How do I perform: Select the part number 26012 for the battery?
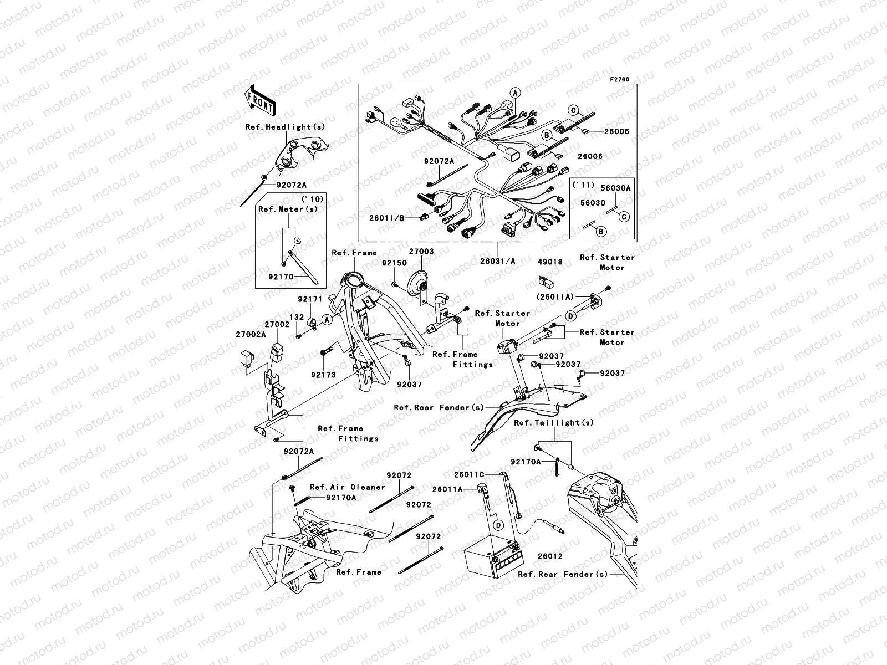click(550, 556)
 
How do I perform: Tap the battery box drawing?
click(491, 557)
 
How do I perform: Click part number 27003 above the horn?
click(422, 252)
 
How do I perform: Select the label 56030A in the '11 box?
click(616, 188)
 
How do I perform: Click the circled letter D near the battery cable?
click(498, 524)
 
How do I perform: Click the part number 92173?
click(323, 375)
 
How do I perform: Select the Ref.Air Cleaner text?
click(347, 487)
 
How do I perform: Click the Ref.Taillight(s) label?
click(554, 422)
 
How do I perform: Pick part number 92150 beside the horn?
click(394, 263)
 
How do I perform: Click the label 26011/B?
click(386, 218)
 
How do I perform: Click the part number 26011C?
click(470, 474)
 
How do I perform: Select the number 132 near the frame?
click(297, 317)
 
